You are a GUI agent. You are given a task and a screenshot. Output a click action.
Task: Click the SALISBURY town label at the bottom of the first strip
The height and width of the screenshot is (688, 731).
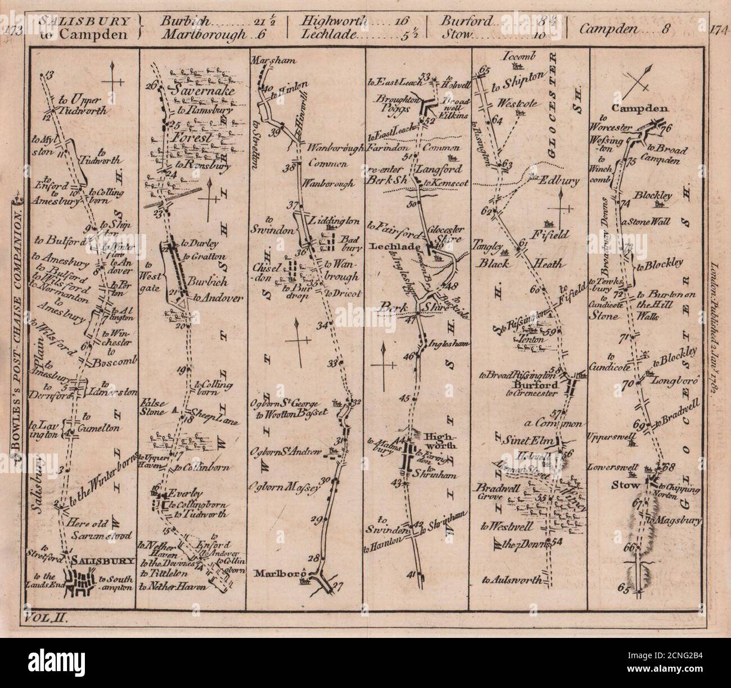(103, 560)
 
